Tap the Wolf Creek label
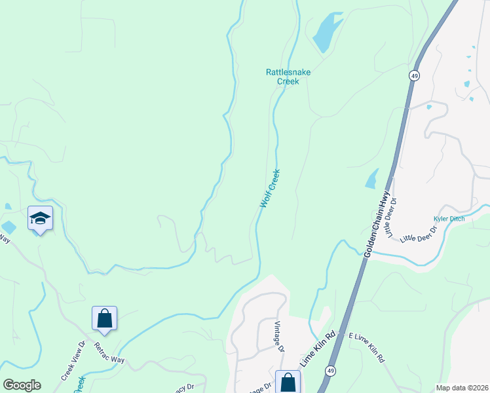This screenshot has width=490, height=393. (270, 189)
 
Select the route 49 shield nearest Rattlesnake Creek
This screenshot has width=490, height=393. (414, 75)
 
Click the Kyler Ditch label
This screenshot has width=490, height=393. (449, 219)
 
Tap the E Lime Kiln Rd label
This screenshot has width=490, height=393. (366, 348)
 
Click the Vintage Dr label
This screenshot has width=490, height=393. (279, 337)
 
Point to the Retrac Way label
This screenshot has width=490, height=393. (109, 353)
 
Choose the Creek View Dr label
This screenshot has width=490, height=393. (73, 361)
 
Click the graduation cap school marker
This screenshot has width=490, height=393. (40, 219)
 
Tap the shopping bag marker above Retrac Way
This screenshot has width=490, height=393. (105, 319)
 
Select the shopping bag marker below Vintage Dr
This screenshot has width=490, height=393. (288, 382)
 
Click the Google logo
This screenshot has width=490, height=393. (21, 385)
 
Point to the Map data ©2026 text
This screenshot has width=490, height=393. (461, 388)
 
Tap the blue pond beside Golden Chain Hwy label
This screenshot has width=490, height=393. (371, 178)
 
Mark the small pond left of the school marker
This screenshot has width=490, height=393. (8, 227)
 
